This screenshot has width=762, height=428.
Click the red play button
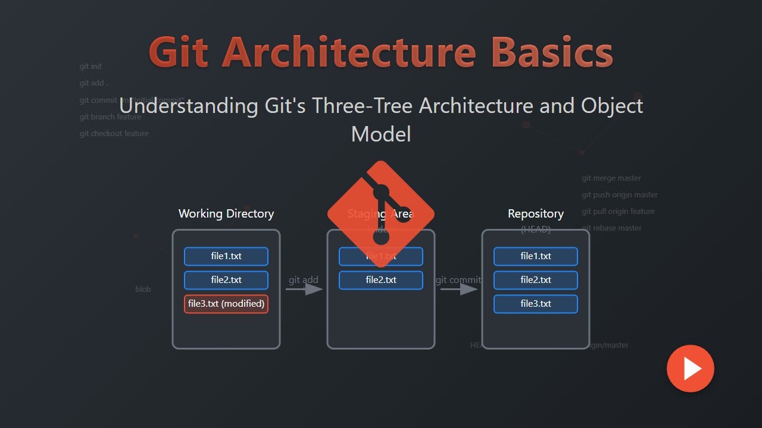point(690,369)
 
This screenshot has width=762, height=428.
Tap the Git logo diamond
point(381,213)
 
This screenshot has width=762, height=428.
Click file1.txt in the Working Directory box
point(226,256)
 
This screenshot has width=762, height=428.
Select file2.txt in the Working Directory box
point(226,280)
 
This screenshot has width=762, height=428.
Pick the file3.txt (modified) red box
point(226,304)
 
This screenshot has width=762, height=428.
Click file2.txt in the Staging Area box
point(381,280)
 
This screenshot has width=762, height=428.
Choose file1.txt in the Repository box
point(536,256)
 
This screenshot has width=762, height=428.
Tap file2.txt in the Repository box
point(536,280)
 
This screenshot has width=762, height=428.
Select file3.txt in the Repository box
point(536,304)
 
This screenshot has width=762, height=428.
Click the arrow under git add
point(304,289)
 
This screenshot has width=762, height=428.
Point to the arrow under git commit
point(459,289)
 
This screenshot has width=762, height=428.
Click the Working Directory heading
point(226,213)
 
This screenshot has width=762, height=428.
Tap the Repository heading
point(536,213)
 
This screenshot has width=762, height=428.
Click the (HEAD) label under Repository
point(536,229)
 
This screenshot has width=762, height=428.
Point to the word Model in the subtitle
point(381,134)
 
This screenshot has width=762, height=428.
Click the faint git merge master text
point(611,178)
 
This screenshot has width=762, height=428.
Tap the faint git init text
point(90,67)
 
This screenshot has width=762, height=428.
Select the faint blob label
point(143,289)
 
